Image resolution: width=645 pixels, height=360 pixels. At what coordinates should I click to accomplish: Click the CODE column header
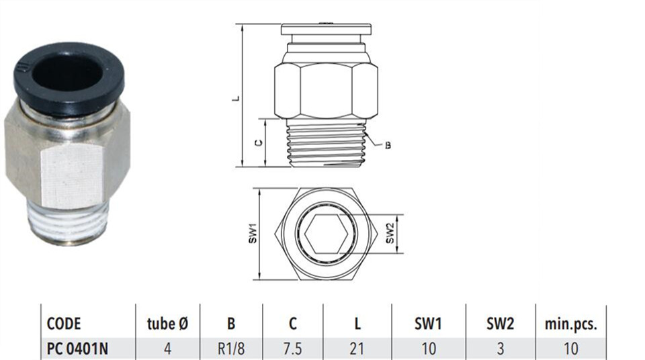click(x=64, y=324)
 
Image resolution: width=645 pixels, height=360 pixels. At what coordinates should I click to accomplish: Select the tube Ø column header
click(x=167, y=324)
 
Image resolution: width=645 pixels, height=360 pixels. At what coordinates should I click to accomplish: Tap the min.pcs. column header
click(x=570, y=324)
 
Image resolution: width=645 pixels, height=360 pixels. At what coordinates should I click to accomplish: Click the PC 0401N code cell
click(x=77, y=349)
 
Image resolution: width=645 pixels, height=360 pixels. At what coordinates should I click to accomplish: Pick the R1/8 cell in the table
click(x=230, y=349)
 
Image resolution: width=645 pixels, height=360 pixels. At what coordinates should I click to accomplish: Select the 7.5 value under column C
click(x=292, y=349)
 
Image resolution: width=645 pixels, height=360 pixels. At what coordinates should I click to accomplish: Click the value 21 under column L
click(x=357, y=349)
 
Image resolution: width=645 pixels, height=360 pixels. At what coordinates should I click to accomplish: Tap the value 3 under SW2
click(x=500, y=349)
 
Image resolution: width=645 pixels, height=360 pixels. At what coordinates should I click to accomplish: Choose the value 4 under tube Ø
click(x=167, y=349)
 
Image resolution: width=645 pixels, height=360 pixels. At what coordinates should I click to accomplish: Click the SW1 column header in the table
click(x=428, y=324)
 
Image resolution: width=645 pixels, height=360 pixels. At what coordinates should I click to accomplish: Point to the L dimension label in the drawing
click(x=236, y=98)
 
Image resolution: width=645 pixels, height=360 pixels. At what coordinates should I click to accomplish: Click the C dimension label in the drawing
click(x=258, y=143)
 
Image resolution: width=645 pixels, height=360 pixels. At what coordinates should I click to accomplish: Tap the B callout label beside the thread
click(x=388, y=145)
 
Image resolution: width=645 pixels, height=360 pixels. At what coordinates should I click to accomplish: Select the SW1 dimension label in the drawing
click(x=253, y=233)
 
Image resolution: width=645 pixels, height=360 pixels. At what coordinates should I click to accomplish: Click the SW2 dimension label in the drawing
click(x=390, y=233)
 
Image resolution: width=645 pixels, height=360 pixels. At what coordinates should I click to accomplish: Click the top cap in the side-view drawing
click(x=327, y=29)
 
